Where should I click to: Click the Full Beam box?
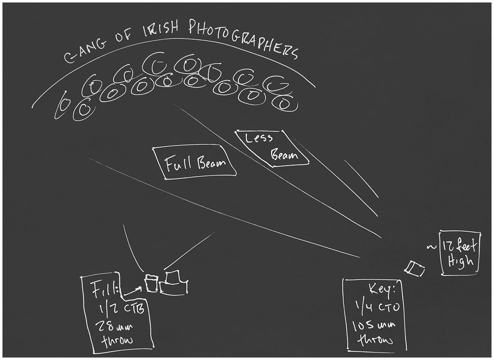195,163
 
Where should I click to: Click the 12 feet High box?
459,252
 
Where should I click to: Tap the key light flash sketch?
415,269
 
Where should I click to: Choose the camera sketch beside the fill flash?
174,283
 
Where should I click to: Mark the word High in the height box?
460,261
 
